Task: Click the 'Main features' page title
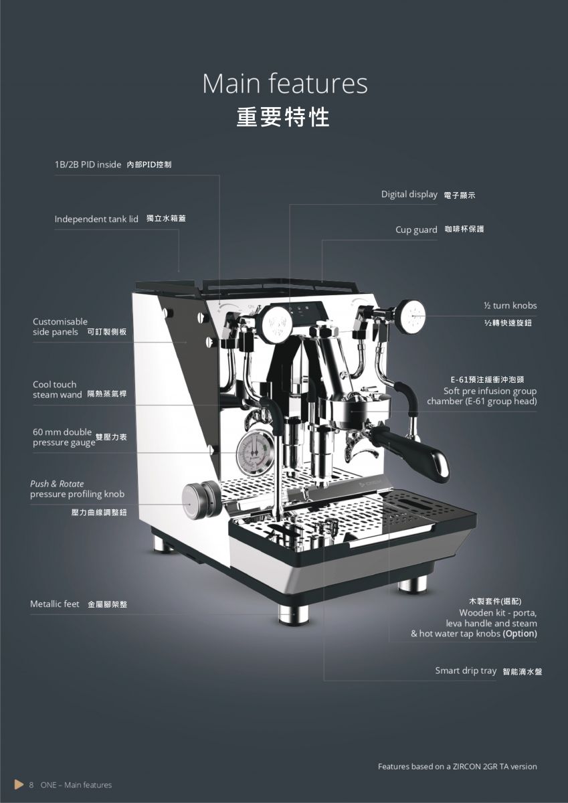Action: [x=285, y=84]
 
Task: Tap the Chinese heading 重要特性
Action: [x=283, y=117]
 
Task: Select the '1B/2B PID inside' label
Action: [x=88, y=165]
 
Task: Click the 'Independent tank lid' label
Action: [x=96, y=219]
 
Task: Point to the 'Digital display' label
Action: [x=409, y=195]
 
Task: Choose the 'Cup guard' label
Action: [x=416, y=230]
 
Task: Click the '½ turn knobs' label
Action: [x=510, y=305]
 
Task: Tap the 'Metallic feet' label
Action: [x=54, y=604]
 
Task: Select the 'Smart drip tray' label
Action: [x=466, y=671]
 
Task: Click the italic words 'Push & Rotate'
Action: [x=57, y=484]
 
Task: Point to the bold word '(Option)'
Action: [x=520, y=634]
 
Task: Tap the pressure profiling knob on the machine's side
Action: [x=200, y=501]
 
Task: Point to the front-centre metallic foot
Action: [x=294, y=615]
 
